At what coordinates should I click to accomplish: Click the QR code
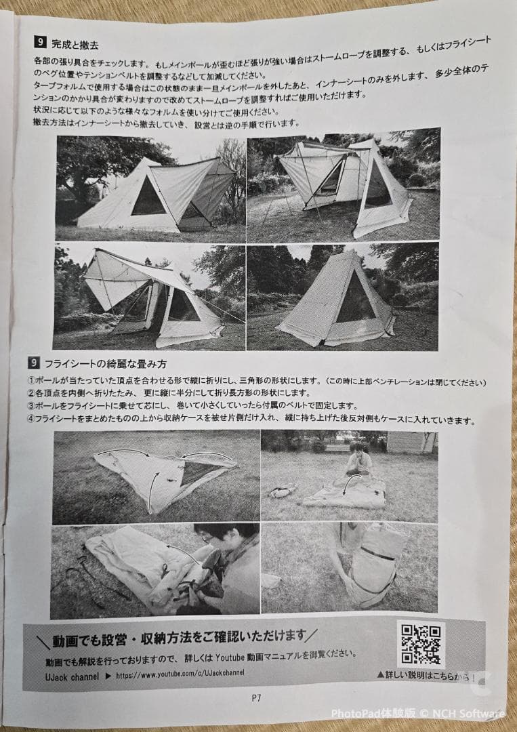click(420, 645)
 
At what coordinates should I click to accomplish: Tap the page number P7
click(256, 698)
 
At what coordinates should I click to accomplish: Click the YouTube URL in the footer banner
click(180, 674)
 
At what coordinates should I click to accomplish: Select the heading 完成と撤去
click(75, 45)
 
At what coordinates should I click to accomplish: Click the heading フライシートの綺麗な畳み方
click(106, 363)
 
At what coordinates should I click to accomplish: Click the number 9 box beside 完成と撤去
click(40, 43)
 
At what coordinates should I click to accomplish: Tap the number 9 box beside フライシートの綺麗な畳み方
click(34, 363)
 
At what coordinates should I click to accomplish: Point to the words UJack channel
click(73, 676)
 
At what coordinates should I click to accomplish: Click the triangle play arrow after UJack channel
click(108, 676)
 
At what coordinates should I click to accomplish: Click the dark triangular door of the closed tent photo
click(356, 300)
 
